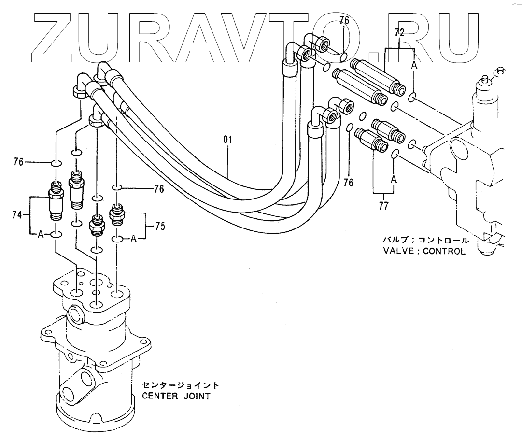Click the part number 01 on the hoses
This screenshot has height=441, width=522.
pos(228,140)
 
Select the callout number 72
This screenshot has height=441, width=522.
pos(399,33)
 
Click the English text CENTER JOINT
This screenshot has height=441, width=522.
pos(176,397)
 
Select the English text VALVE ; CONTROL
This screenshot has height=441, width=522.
pos(424,251)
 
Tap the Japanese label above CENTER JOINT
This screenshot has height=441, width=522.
pos(180,385)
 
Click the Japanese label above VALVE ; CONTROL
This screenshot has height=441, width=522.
pos(424,240)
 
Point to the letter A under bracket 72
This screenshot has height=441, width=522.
pos(414,67)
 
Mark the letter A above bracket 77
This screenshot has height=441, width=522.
pos(394,179)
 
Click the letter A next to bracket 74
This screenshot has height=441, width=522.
pos(41,235)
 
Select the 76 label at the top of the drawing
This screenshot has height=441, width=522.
pos(344,20)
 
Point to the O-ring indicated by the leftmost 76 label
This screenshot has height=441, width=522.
pos(56,163)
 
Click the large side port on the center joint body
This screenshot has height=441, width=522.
pos(76,314)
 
